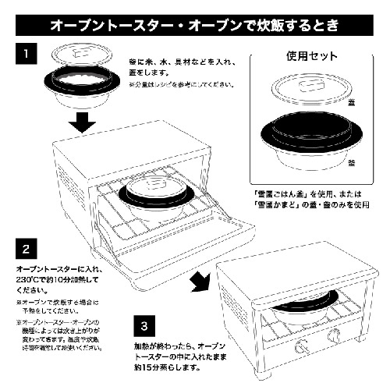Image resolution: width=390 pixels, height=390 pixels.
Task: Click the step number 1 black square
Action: (27, 56)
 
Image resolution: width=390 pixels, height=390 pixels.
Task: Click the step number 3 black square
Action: (144, 321)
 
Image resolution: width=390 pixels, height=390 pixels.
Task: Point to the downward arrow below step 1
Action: (81, 121)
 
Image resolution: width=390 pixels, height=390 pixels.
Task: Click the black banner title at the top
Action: (194, 23)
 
